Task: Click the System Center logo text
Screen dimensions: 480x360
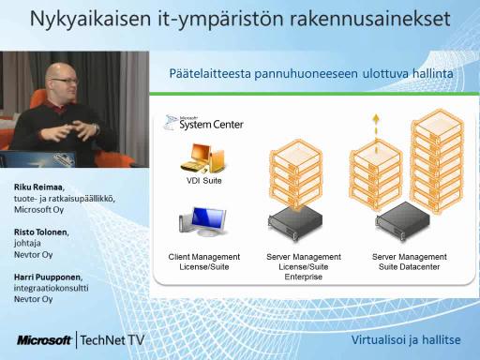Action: [x=211, y=124]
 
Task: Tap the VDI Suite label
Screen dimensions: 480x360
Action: [x=204, y=181]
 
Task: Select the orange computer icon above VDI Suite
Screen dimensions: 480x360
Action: [x=203, y=158]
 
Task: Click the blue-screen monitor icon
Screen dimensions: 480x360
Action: [x=202, y=222]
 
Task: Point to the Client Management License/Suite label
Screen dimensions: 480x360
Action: [x=204, y=262]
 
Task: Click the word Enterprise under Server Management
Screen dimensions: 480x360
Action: [x=304, y=277]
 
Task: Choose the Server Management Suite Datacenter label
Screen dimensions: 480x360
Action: [x=409, y=262]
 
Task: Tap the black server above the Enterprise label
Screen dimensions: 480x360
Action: [x=295, y=223]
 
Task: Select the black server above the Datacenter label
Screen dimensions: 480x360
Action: [x=403, y=221]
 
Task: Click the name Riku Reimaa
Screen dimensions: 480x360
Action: [x=39, y=187]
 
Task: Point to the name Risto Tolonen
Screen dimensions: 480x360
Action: [x=41, y=232]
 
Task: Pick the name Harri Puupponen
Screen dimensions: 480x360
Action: [x=48, y=277]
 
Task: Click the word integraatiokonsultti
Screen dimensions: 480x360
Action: [x=51, y=288]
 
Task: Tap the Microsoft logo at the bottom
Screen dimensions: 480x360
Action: [x=44, y=340]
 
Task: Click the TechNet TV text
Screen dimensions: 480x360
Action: [x=112, y=340]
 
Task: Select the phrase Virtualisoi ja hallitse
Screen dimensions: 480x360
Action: [x=406, y=339]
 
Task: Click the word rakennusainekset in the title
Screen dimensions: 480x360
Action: [x=370, y=19]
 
